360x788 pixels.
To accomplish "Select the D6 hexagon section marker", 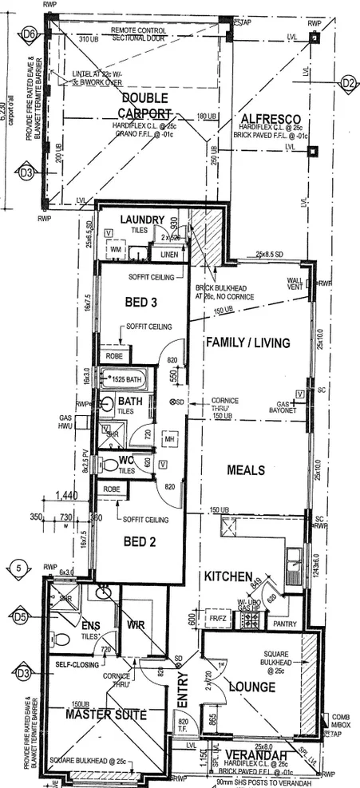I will point(30,34).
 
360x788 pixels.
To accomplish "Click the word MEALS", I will point(246,469).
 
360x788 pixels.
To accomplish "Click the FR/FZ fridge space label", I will point(217,618).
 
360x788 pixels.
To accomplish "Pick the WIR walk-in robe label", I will point(136,625).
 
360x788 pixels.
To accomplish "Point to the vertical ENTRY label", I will point(182,703).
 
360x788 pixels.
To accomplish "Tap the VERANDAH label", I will point(257,755).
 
